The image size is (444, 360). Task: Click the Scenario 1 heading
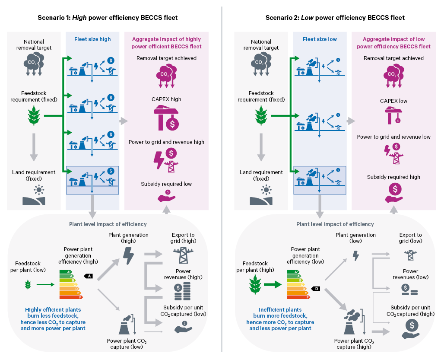click(107, 18)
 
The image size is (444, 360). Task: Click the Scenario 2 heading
click(335, 18)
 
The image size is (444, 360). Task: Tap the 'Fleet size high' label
click(92, 39)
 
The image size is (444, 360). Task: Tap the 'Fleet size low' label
click(320, 39)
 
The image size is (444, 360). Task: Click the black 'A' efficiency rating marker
click(88, 276)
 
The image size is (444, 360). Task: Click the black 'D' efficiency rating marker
click(316, 288)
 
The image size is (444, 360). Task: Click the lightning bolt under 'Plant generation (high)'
click(129, 255)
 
